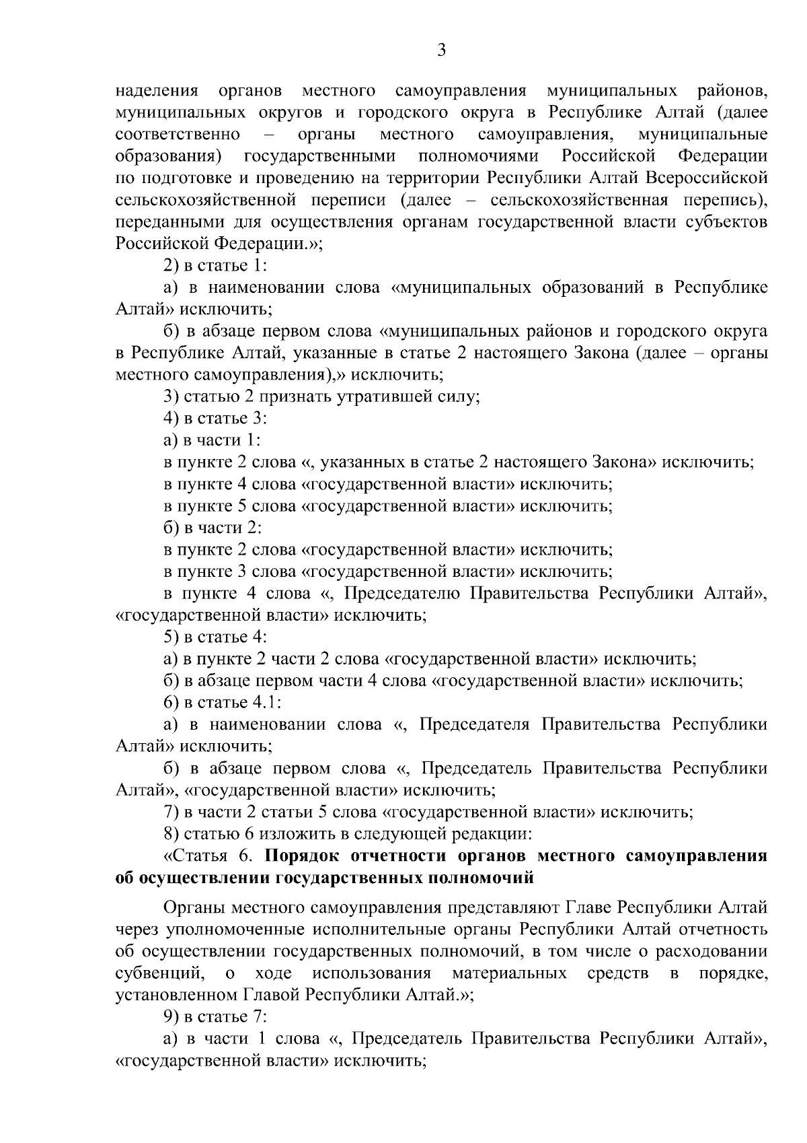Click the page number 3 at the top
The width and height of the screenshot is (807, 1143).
(441, 51)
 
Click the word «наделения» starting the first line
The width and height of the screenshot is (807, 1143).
(156, 91)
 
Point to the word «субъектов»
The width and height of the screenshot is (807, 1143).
(731, 222)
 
